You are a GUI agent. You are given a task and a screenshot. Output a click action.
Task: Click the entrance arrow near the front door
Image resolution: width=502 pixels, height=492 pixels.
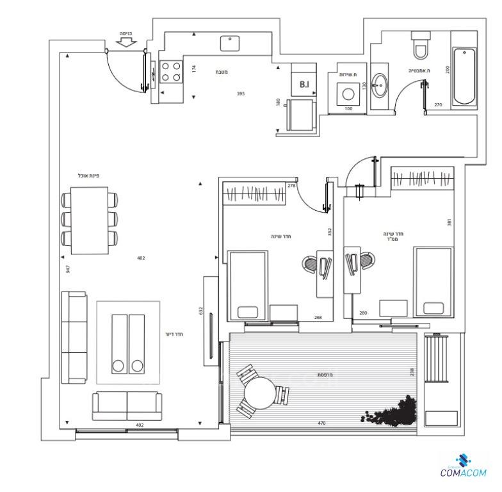126,42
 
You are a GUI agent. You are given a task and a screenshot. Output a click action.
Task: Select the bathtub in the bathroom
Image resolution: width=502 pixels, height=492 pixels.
464,77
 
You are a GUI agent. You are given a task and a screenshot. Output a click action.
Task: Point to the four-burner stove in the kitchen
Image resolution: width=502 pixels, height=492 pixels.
171,71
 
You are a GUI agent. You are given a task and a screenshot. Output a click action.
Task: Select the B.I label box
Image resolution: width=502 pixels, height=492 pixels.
304,83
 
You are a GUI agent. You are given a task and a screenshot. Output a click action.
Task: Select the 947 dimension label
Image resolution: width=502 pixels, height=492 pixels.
67,269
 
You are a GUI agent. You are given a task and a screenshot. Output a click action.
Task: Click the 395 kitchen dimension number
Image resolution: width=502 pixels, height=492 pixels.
240,94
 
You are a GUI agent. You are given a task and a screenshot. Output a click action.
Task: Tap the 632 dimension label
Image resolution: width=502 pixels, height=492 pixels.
200,311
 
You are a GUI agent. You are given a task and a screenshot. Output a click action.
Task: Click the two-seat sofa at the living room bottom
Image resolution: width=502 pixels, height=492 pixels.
127,406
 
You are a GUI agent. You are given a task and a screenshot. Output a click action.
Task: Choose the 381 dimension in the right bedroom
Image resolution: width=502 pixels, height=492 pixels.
449,222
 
